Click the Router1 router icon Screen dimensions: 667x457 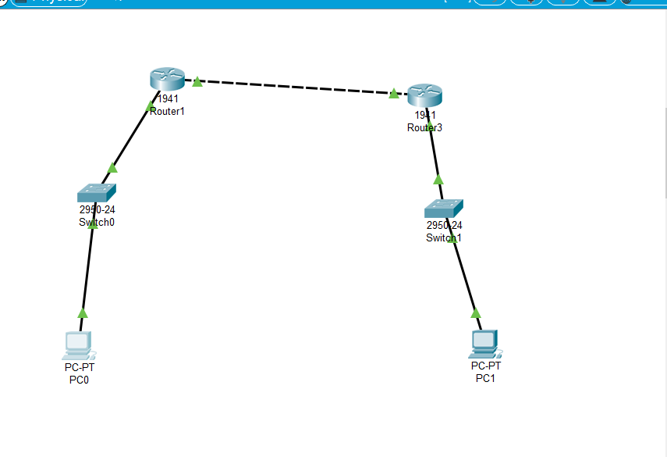pyautogui.click(x=167, y=78)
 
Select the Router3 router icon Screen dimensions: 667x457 pyautogui.click(x=424, y=95)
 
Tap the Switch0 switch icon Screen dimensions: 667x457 pyautogui.click(x=96, y=193)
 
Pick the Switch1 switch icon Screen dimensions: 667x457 pyautogui.click(x=443, y=209)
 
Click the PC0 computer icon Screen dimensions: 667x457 pyautogui.click(x=78, y=345)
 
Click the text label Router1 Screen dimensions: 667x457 pyautogui.click(x=167, y=112)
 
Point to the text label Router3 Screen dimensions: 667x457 pyautogui.click(x=424, y=128)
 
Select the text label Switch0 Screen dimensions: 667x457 pyautogui.click(x=97, y=223)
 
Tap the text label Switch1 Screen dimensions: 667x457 pyautogui.click(x=443, y=238)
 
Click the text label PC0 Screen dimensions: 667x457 pyautogui.click(x=79, y=380)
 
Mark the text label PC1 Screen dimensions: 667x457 pyautogui.click(x=485, y=379)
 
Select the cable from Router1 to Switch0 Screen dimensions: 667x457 pyautogui.click(x=131, y=137)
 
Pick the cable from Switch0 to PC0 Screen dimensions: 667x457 pyautogui.click(x=87, y=270)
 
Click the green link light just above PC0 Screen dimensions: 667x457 pyautogui.click(x=83, y=313)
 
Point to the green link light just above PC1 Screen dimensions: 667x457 pyautogui.click(x=476, y=313)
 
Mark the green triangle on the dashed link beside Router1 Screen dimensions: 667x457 pyautogui.click(x=197, y=81)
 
